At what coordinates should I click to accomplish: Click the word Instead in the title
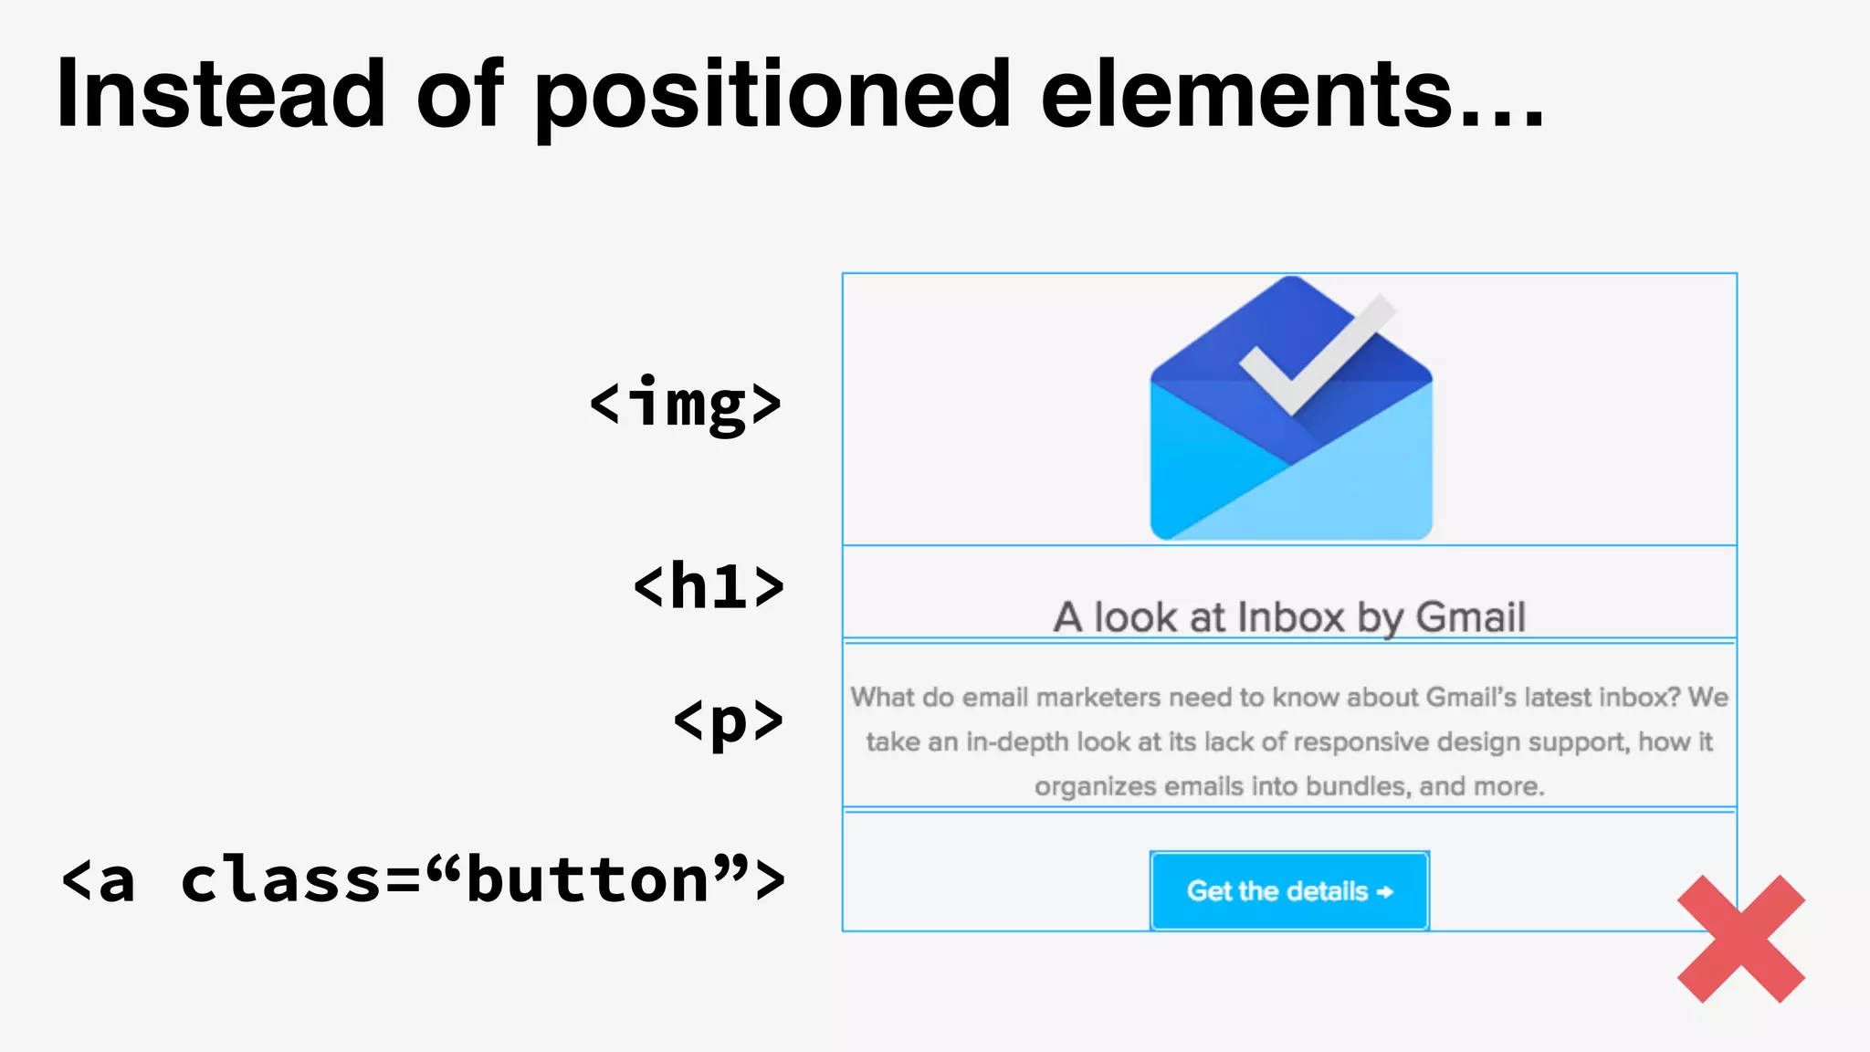click(x=220, y=93)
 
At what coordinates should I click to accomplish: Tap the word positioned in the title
click(x=772, y=95)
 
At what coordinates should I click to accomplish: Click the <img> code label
click(x=686, y=403)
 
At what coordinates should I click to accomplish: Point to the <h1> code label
click(x=709, y=585)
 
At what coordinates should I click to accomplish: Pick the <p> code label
click(x=728, y=721)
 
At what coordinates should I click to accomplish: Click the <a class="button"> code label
click(x=423, y=879)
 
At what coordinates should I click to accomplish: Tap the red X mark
click(x=1740, y=939)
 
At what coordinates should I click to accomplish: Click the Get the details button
click(x=1289, y=890)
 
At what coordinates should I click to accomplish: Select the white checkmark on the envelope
click(x=1315, y=352)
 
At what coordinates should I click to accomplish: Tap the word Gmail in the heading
click(x=1470, y=617)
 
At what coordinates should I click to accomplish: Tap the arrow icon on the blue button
click(x=1385, y=891)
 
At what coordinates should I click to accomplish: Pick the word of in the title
click(x=459, y=93)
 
